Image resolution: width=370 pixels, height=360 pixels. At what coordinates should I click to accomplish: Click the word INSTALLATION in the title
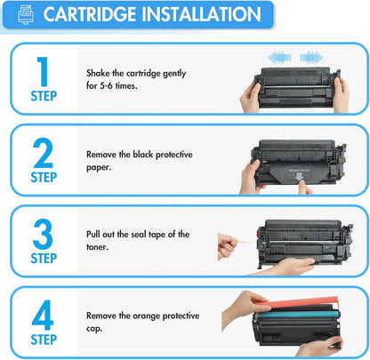click(201, 15)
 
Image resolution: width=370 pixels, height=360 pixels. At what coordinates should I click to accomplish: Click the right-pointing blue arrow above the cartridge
click(310, 58)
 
